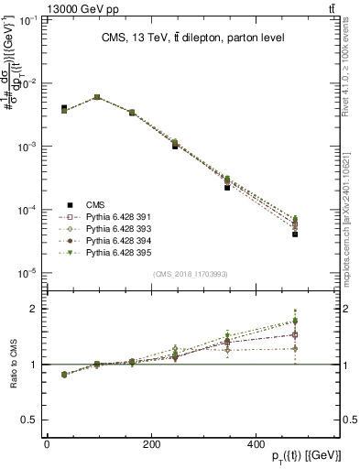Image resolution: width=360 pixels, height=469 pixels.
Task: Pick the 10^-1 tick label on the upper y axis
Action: click(24, 19)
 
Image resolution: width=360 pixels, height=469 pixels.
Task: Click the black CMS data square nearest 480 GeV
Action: click(295, 234)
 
